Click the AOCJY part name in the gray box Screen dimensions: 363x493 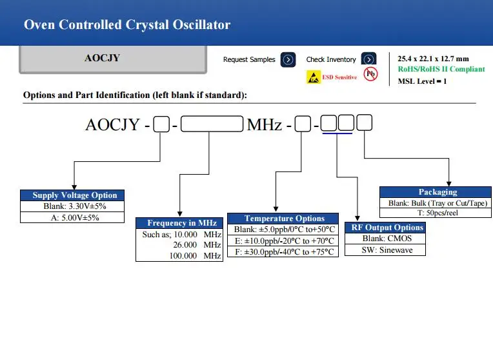tap(102, 58)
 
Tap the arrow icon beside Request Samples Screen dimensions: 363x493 tap(288, 59)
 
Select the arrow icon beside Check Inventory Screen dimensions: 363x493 tap(368, 59)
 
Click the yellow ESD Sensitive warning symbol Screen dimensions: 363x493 tap(313, 77)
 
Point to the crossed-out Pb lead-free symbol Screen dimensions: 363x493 tap(370, 74)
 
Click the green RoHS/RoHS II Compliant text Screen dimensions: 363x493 tap(441, 69)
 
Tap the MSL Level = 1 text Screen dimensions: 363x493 tap(422, 81)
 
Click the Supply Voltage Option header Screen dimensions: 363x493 tap(75, 195)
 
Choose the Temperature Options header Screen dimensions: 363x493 tap(284, 219)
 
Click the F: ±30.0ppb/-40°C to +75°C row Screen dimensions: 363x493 tap(284, 251)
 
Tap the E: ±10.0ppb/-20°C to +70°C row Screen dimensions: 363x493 tap(284, 240)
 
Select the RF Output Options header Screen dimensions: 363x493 tap(387, 228)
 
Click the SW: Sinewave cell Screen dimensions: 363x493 tap(387, 250)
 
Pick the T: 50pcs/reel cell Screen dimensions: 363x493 tap(438, 213)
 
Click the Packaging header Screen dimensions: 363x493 tap(438, 191)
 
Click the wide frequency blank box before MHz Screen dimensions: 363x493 tap(212, 124)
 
